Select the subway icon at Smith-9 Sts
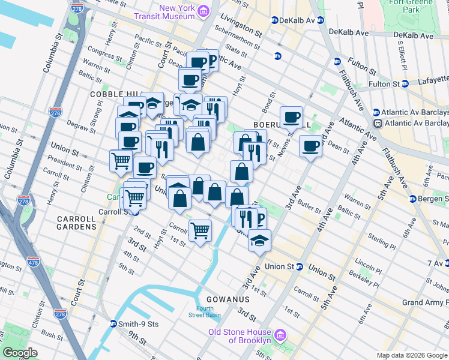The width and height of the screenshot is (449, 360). (x=113, y=324)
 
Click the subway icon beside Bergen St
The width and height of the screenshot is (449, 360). (x=413, y=199)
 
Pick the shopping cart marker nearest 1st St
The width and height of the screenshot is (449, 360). (x=200, y=230)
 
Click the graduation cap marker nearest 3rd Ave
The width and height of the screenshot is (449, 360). (x=259, y=241)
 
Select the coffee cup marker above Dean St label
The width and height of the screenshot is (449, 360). (x=310, y=146)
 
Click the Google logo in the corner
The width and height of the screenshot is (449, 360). (x=20, y=353)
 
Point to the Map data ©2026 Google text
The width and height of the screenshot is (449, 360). (x=412, y=355)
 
